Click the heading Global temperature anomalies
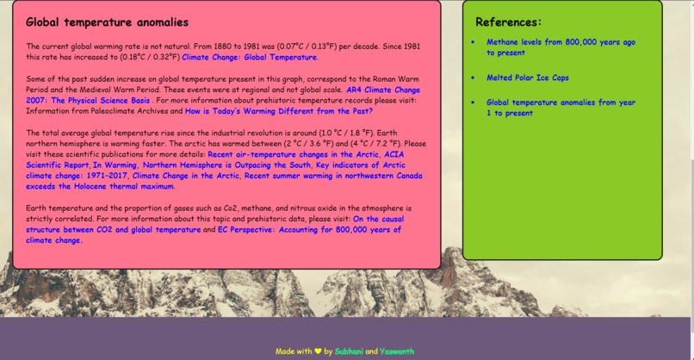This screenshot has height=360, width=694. tap(107, 22)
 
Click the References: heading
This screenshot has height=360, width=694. tap(509, 22)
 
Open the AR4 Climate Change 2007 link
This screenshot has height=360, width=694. tap(383, 89)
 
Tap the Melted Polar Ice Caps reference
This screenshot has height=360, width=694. tap(527, 78)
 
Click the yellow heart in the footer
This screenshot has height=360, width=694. tap(318, 351)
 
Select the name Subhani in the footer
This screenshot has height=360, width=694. tap(349, 351)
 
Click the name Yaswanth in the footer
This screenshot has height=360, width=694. tap(397, 351)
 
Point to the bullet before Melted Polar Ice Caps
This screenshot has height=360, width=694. tap(473, 78)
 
